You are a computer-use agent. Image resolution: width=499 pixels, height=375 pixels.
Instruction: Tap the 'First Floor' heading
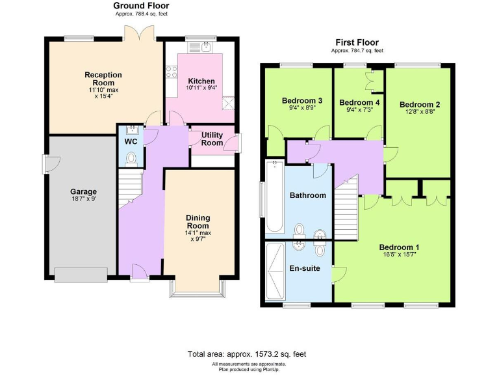pos(357,42)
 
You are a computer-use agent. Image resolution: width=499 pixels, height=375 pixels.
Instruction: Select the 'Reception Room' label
pos(103,79)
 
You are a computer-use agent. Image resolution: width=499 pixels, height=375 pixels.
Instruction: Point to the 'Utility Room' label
pos(212,138)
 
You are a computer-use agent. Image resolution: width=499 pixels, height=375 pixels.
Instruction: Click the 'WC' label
pos(131,141)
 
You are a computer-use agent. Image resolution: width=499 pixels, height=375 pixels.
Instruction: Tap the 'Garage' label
pos(83,191)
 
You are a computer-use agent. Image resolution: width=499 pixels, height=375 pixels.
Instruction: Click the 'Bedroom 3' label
pos(301,101)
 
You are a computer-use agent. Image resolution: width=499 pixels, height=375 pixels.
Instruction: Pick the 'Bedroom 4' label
pos(359,102)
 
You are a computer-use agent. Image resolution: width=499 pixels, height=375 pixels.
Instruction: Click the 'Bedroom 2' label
pos(420,104)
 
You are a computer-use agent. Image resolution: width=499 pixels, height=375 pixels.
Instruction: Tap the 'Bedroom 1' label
pos(399,247)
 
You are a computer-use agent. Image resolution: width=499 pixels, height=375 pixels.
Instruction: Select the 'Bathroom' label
pos(307,195)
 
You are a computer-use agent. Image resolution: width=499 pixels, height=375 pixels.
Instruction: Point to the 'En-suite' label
pos(304,268)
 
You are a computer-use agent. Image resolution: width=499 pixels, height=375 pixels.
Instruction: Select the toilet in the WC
pos(131,158)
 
